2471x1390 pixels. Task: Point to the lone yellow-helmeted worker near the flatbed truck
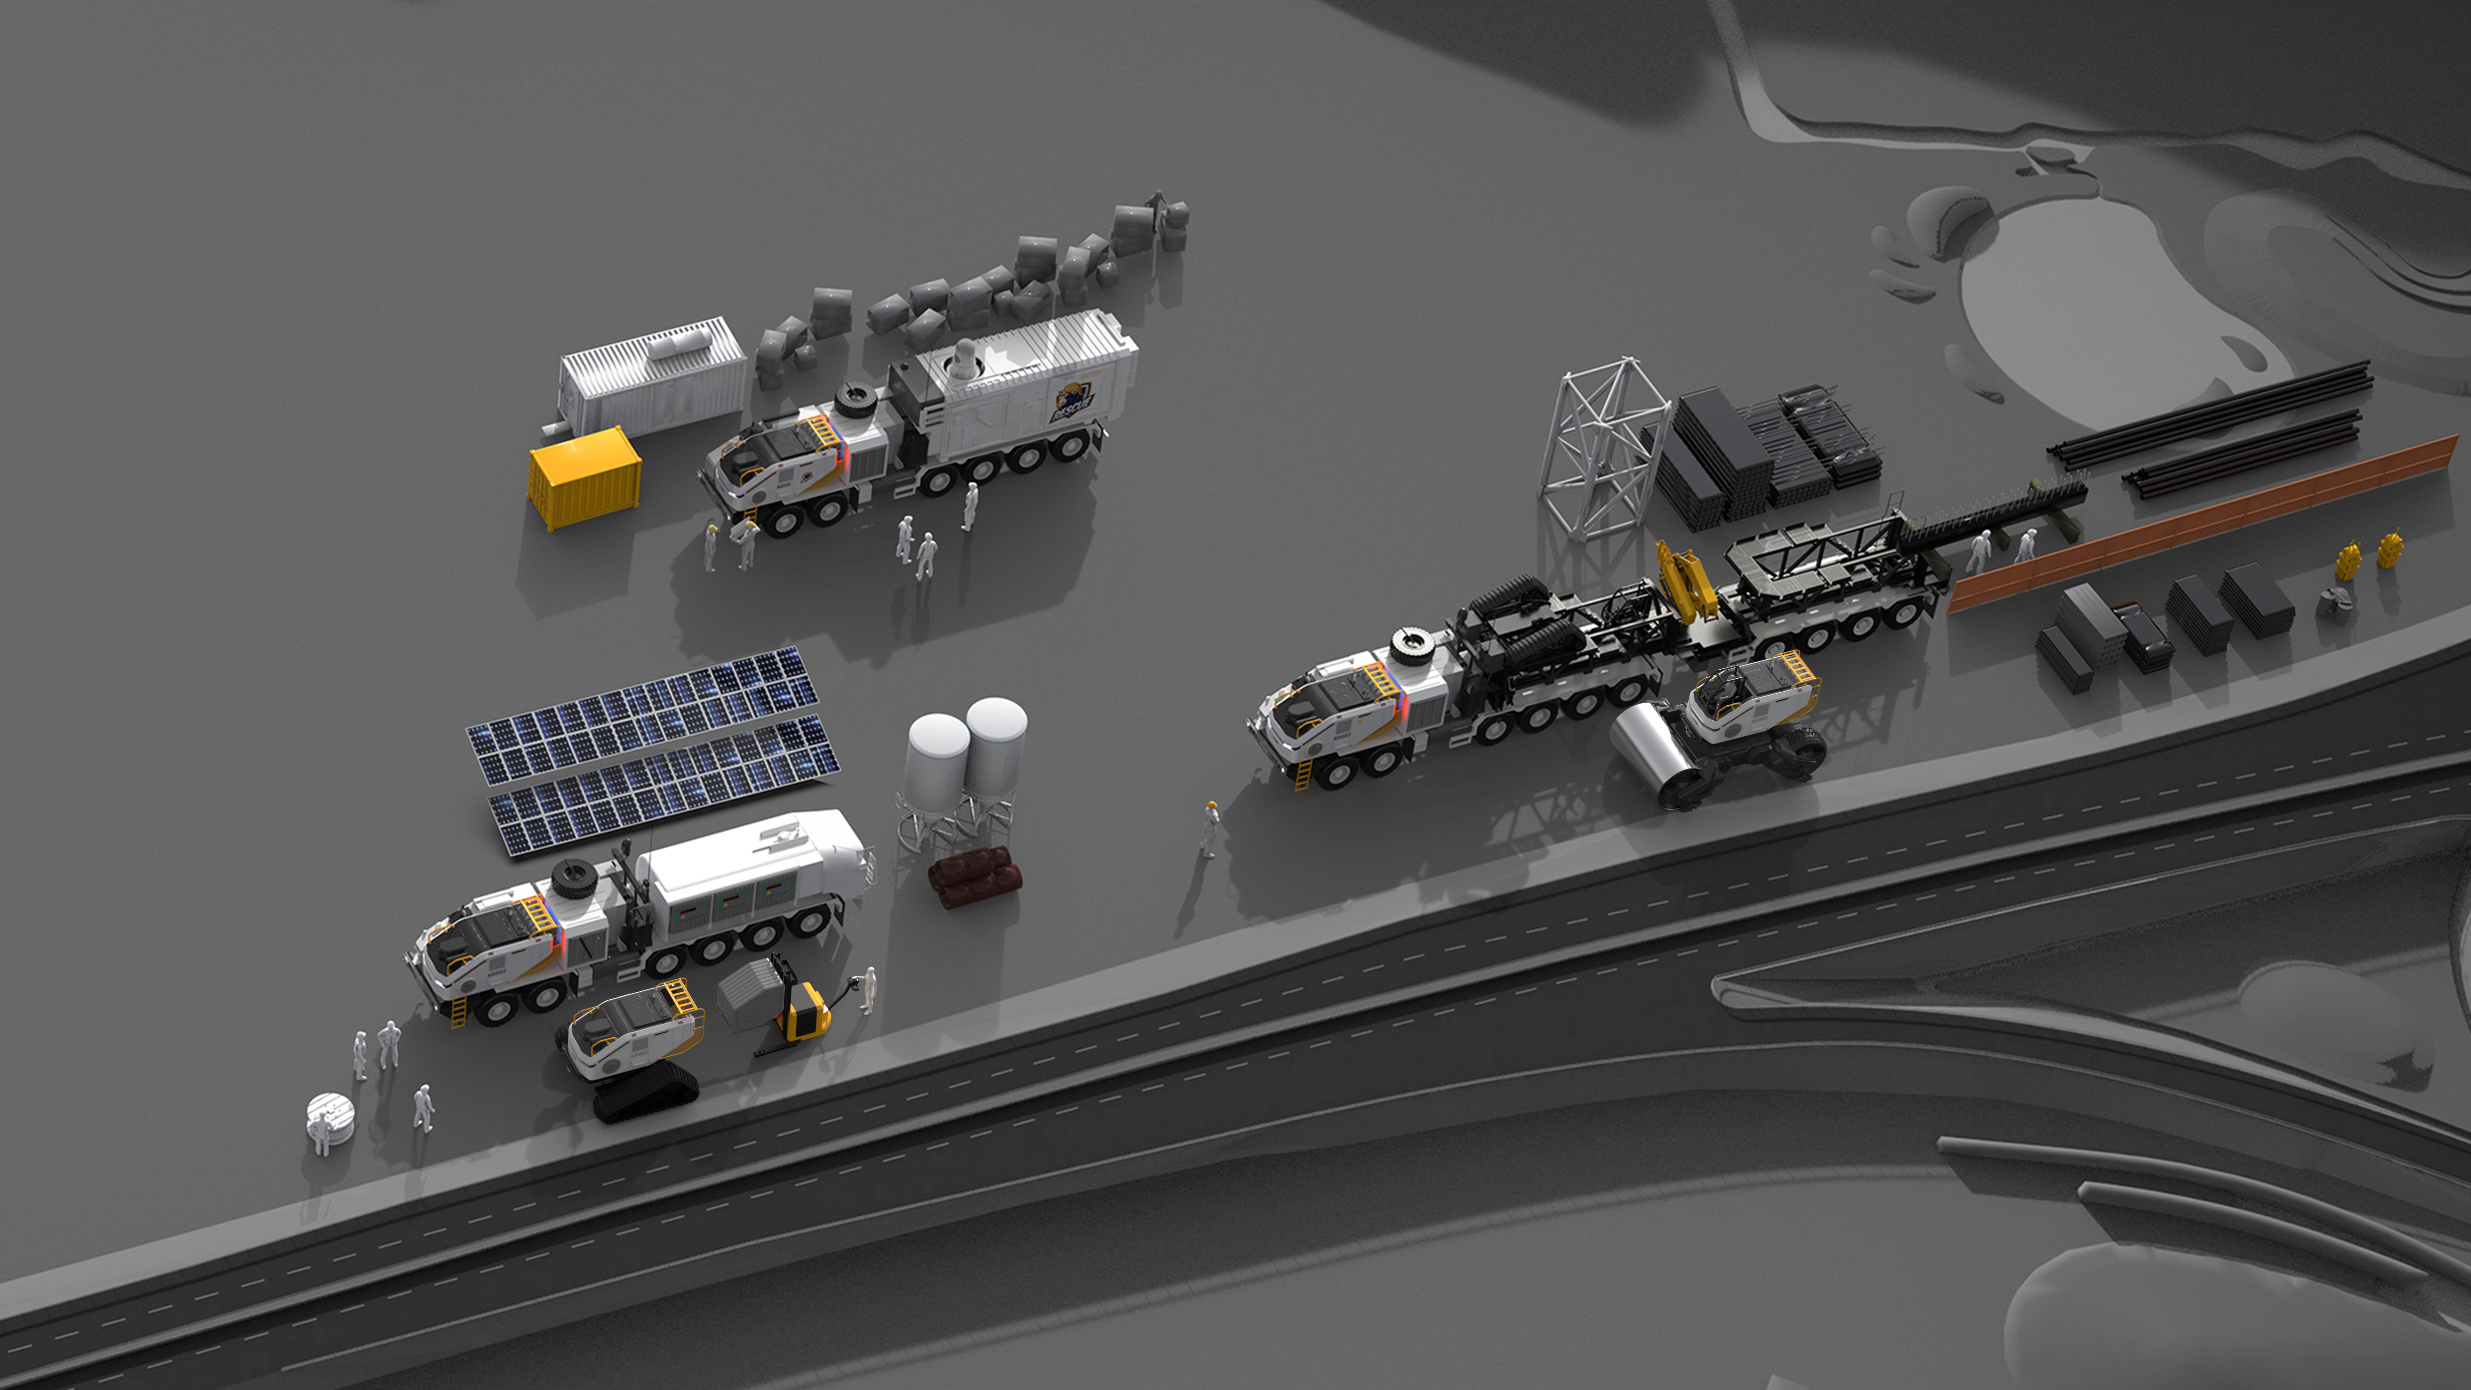click(x=1210, y=827)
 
